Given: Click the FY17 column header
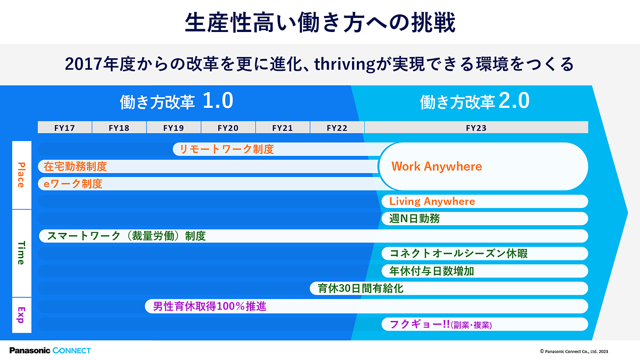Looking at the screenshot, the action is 64,128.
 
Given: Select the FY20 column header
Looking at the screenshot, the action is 228,128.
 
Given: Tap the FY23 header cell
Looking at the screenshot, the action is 476,128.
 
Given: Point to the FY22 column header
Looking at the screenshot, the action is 337,128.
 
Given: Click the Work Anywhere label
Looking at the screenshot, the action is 437,166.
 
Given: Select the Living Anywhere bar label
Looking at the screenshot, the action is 432,201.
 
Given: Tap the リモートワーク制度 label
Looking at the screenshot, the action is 227,149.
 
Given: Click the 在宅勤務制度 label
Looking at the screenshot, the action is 75,166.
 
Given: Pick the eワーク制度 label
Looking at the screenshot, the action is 73,184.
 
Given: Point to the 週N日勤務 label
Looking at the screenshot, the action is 414,219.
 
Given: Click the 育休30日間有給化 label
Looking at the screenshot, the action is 361,288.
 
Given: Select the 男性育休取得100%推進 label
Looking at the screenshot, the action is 210,306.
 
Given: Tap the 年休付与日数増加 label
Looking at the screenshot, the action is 432,271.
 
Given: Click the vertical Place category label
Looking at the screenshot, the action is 21,175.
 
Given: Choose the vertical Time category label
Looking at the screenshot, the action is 21,253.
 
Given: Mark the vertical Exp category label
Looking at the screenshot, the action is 21,315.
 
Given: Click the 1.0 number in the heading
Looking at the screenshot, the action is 218,100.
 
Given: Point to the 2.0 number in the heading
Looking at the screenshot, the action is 514,100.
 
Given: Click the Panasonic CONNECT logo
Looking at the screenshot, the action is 50,350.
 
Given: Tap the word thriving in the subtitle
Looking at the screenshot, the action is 345,64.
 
